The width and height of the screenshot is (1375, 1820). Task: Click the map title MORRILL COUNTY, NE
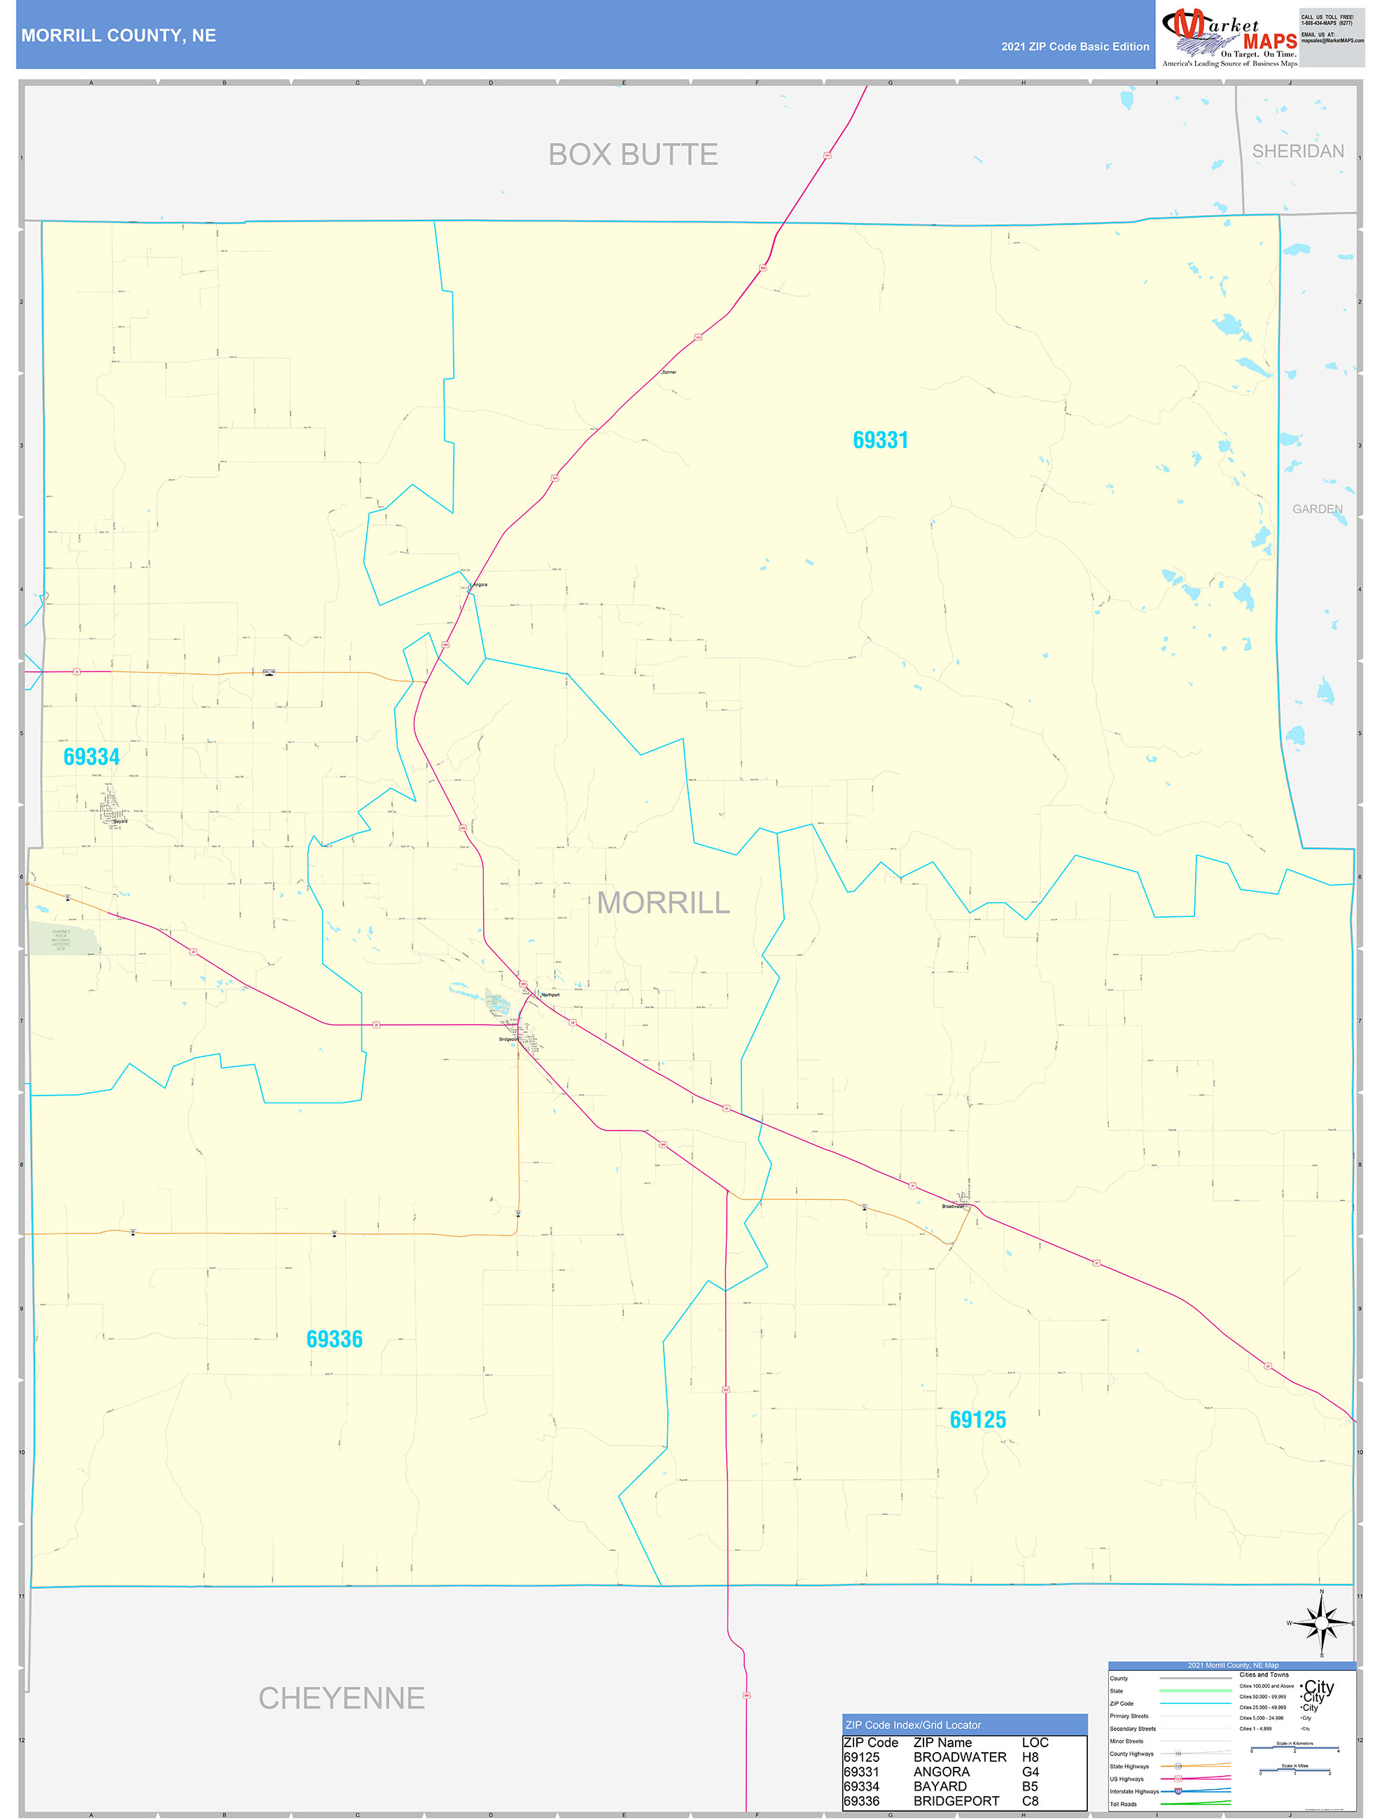tap(118, 36)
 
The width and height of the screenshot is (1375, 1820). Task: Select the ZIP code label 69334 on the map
tap(91, 757)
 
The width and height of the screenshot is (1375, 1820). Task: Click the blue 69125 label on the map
tap(977, 1420)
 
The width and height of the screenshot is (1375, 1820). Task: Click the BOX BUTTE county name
tap(633, 155)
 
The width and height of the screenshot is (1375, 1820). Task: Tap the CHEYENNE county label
tap(342, 1698)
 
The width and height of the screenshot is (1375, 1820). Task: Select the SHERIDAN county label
tap(1298, 151)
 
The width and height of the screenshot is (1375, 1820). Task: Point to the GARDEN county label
tap(1317, 510)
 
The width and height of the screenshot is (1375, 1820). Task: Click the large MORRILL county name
tap(663, 902)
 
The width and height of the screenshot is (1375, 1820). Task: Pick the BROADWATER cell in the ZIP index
tap(959, 1756)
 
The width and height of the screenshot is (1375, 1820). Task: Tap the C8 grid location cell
tap(1031, 1801)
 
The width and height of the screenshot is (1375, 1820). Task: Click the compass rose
tap(1322, 1623)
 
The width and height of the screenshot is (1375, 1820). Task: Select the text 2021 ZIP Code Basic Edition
tap(1075, 47)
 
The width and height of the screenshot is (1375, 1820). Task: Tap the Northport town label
tap(550, 995)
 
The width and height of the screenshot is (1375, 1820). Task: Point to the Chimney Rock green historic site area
tap(62, 939)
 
